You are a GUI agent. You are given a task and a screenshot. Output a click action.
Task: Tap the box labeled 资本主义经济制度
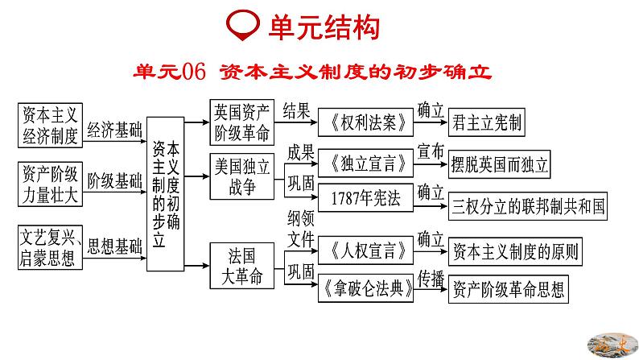click(x=49, y=125)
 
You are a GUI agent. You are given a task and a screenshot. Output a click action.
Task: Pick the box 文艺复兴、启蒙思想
click(x=49, y=247)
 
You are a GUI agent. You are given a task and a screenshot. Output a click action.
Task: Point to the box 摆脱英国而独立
click(x=499, y=166)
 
